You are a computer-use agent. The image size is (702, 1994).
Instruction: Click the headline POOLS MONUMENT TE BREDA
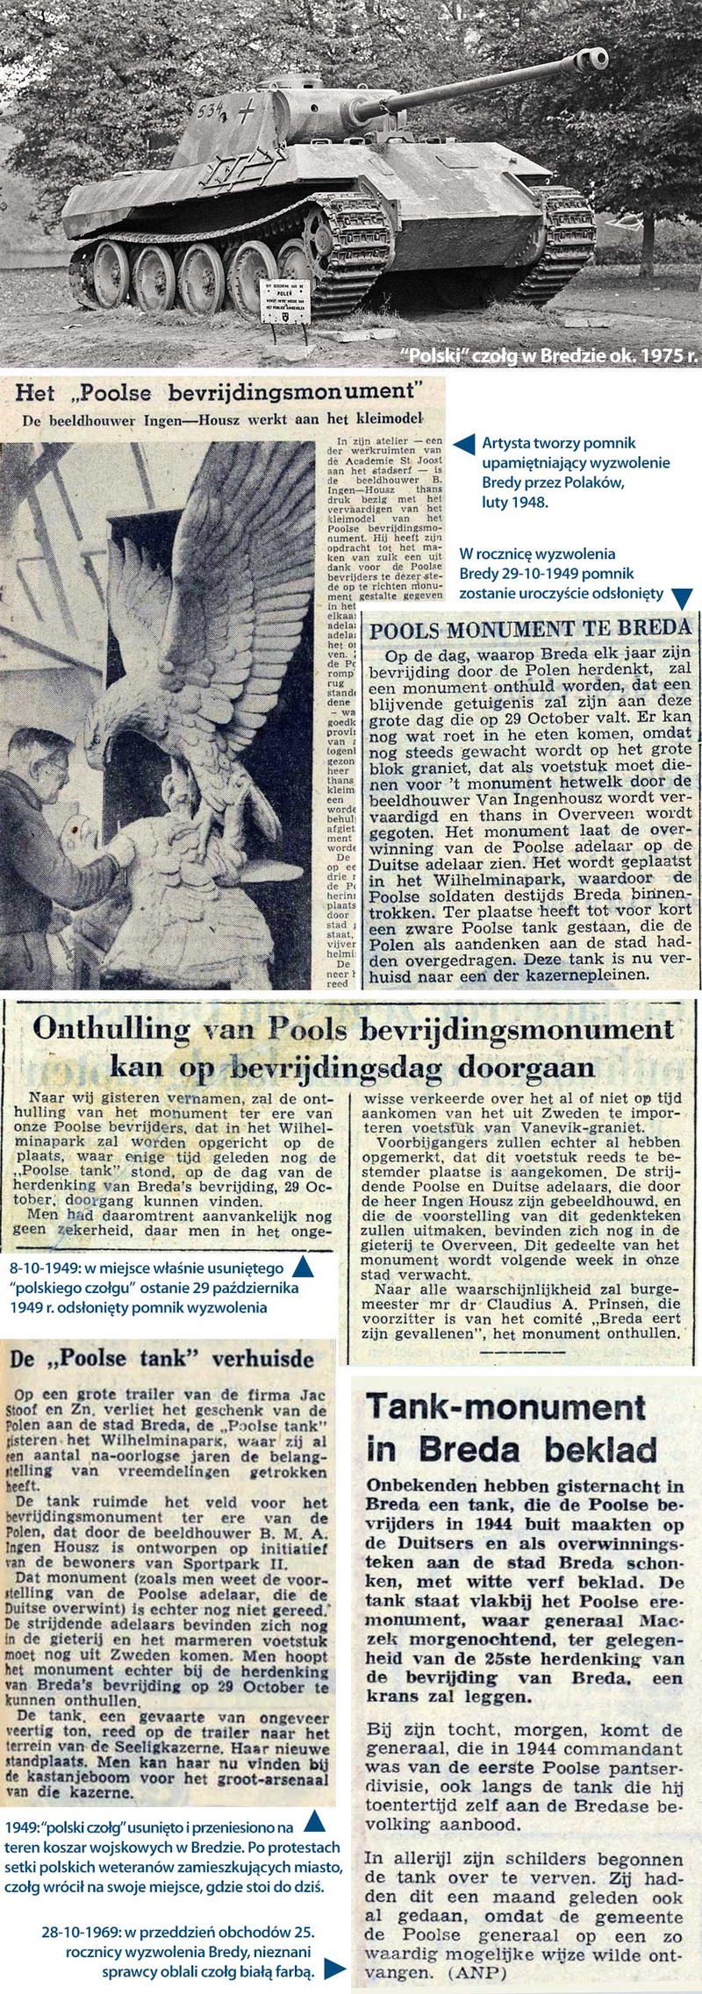[531, 629]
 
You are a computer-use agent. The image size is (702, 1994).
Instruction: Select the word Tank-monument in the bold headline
[506, 1409]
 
